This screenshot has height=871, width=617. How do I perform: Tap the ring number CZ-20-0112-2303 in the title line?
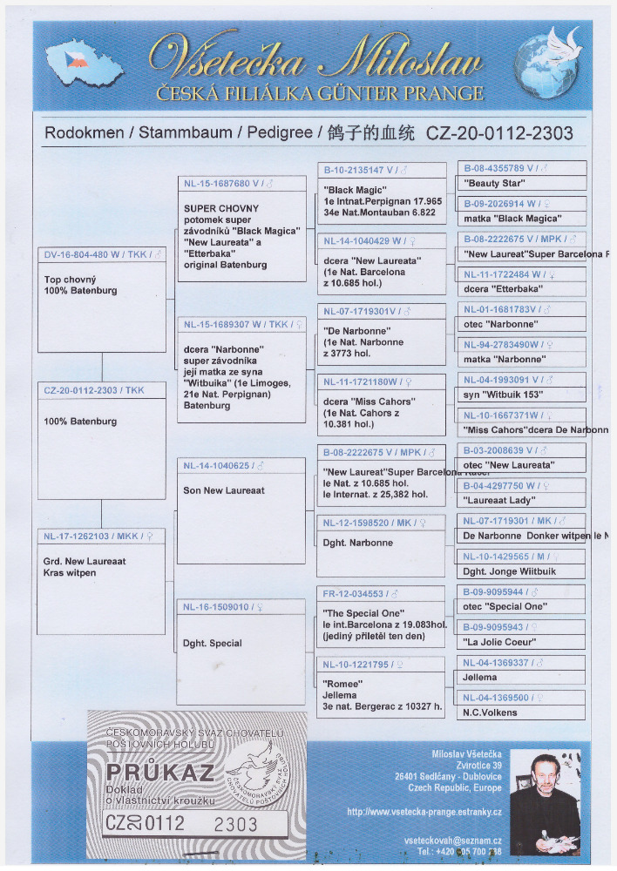[499, 133]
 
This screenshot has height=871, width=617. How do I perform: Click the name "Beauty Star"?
[494, 185]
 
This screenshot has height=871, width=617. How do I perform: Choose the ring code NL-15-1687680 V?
[222, 184]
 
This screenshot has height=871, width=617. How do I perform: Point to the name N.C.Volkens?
[491, 712]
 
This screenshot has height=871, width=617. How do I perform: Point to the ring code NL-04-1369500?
[497, 698]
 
